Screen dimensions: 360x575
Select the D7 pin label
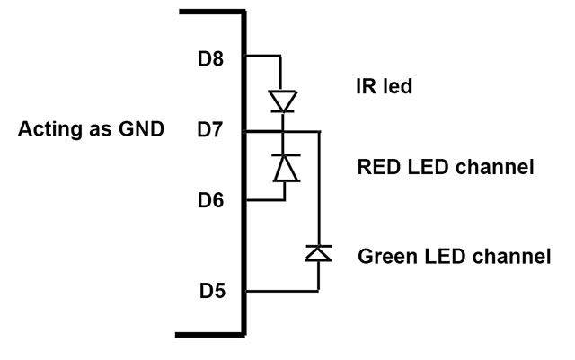[211, 131]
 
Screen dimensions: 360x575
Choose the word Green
[387, 256]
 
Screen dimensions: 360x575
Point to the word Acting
[48, 129]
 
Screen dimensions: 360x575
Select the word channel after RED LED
[497, 167]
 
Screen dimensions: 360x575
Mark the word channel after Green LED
[510, 256]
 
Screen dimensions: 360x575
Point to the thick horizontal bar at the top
[212, 13]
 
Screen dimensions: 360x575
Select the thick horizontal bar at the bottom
[212, 334]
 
